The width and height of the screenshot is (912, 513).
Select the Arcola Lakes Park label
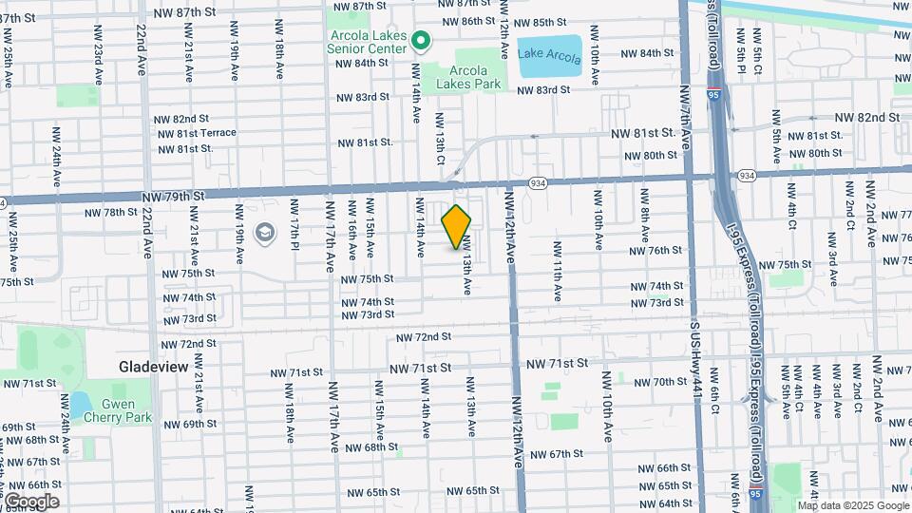pos(462,77)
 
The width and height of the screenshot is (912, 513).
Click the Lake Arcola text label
pos(549,54)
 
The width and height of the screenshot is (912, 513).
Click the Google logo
pos(32,501)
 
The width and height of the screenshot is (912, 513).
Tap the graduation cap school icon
pos(263,233)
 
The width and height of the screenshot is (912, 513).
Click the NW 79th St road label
pos(173,195)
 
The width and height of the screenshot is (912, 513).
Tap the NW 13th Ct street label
pos(440,137)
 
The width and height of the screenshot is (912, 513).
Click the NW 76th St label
pos(655,251)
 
